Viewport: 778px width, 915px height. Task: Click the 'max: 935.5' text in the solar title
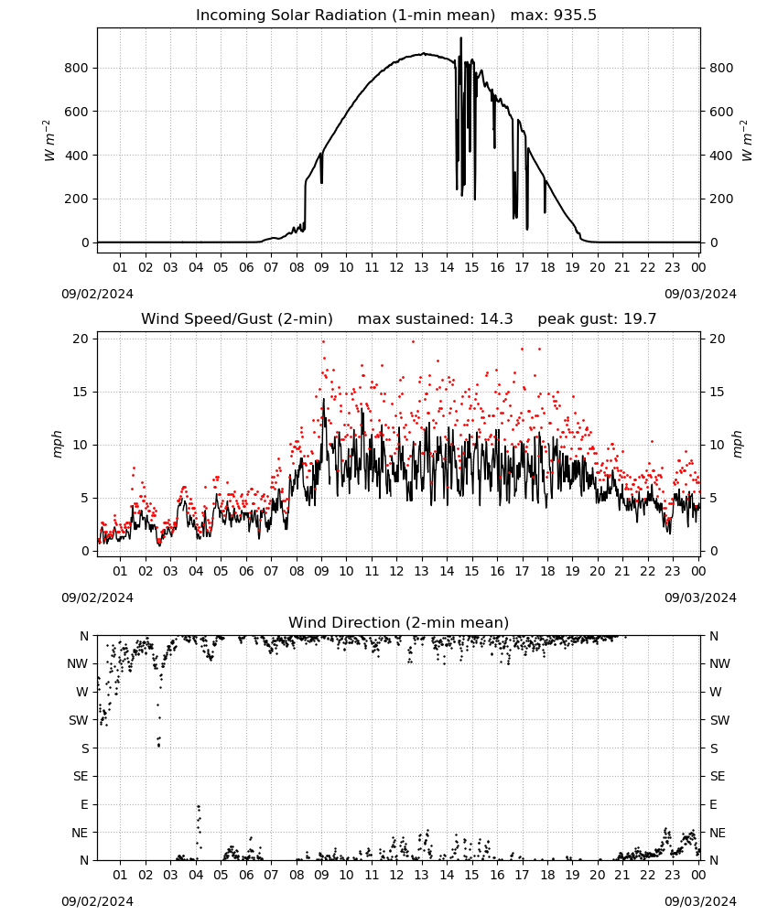[554, 16]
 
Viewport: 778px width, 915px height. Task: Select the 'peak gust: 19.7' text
[597, 319]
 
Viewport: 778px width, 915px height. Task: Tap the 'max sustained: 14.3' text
[435, 319]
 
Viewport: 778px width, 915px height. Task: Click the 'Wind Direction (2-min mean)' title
[399, 622]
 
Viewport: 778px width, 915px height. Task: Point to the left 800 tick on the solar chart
[76, 69]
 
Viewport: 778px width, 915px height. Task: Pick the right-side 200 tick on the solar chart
[721, 199]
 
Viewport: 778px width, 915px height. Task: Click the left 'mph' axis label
[57, 445]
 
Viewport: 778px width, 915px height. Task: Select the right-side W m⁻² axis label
[747, 141]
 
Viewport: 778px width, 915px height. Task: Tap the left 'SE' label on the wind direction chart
[81, 777]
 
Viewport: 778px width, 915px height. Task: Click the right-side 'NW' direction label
[719, 664]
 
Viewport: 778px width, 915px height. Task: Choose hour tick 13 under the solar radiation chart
[421, 268]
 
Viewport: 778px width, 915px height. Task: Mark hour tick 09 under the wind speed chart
[321, 571]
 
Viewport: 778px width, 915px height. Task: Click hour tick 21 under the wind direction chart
[622, 876]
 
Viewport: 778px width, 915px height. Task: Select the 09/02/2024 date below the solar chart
[97, 294]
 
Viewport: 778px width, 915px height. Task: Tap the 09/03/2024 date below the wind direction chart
[700, 901]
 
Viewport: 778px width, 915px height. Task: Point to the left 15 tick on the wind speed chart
[81, 393]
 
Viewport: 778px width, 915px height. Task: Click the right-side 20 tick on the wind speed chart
[717, 339]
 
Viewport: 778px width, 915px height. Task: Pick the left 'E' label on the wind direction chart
[84, 804]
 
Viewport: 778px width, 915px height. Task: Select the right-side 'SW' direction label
[719, 721]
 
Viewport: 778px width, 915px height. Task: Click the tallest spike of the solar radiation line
[460, 38]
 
